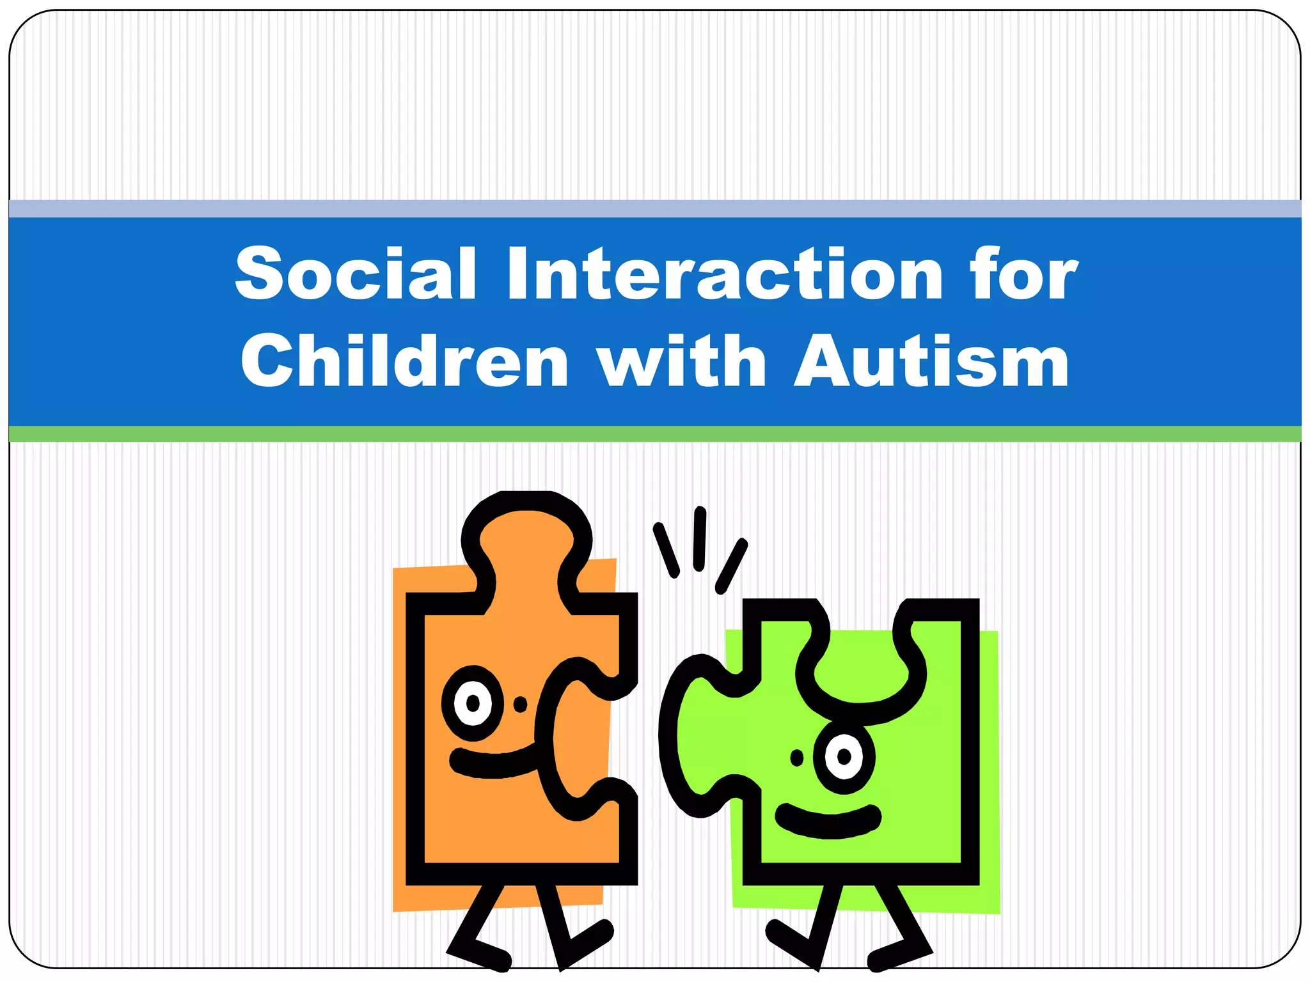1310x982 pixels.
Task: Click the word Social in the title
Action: (356, 274)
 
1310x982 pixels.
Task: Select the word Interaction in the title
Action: (725, 274)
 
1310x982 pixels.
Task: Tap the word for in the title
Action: (1023, 274)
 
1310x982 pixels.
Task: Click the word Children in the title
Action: (404, 361)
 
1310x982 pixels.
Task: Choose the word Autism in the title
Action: (931, 361)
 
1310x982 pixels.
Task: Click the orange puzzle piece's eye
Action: (473, 703)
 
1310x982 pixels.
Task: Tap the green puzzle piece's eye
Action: (844, 757)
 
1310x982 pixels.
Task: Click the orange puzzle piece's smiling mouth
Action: (493, 762)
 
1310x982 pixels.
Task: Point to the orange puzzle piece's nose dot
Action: (521, 704)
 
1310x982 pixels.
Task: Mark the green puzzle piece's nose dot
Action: (797, 758)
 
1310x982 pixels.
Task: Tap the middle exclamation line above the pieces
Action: (700, 539)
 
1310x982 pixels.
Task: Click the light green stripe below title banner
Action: (655, 434)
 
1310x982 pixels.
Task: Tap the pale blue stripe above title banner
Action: (655, 208)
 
